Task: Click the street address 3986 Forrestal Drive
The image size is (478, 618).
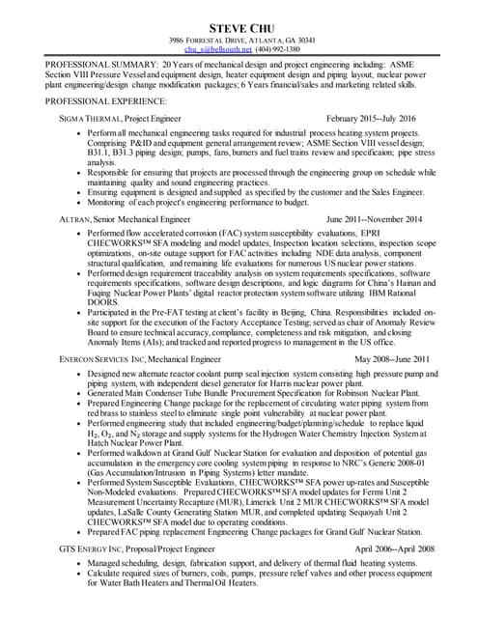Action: click(207, 40)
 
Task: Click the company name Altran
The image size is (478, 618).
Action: click(74, 219)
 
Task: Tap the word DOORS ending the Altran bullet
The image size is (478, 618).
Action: click(102, 301)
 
